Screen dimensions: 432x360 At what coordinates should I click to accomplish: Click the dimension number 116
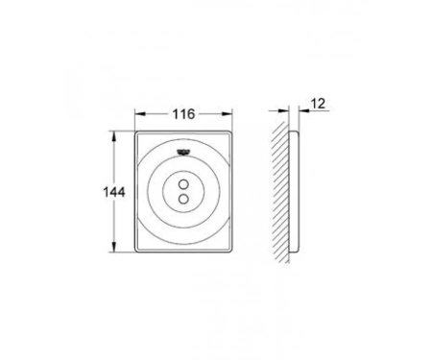tap(183, 114)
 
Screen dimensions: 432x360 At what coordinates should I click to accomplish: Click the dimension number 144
tap(114, 192)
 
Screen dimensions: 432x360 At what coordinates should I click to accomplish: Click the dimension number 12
tap(318, 104)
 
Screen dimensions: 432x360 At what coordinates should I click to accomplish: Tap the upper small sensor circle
tap(183, 184)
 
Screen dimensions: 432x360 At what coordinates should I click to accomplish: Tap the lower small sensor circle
tap(183, 199)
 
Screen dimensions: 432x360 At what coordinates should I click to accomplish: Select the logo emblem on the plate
tap(183, 152)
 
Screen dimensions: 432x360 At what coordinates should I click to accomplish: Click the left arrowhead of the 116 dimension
tap(140, 114)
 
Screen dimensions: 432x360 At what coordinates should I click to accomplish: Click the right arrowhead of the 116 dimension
tap(228, 114)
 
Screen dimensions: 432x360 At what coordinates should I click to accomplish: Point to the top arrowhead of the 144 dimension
tap(113, 136)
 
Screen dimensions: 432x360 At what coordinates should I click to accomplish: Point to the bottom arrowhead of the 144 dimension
tap(113, 247)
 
